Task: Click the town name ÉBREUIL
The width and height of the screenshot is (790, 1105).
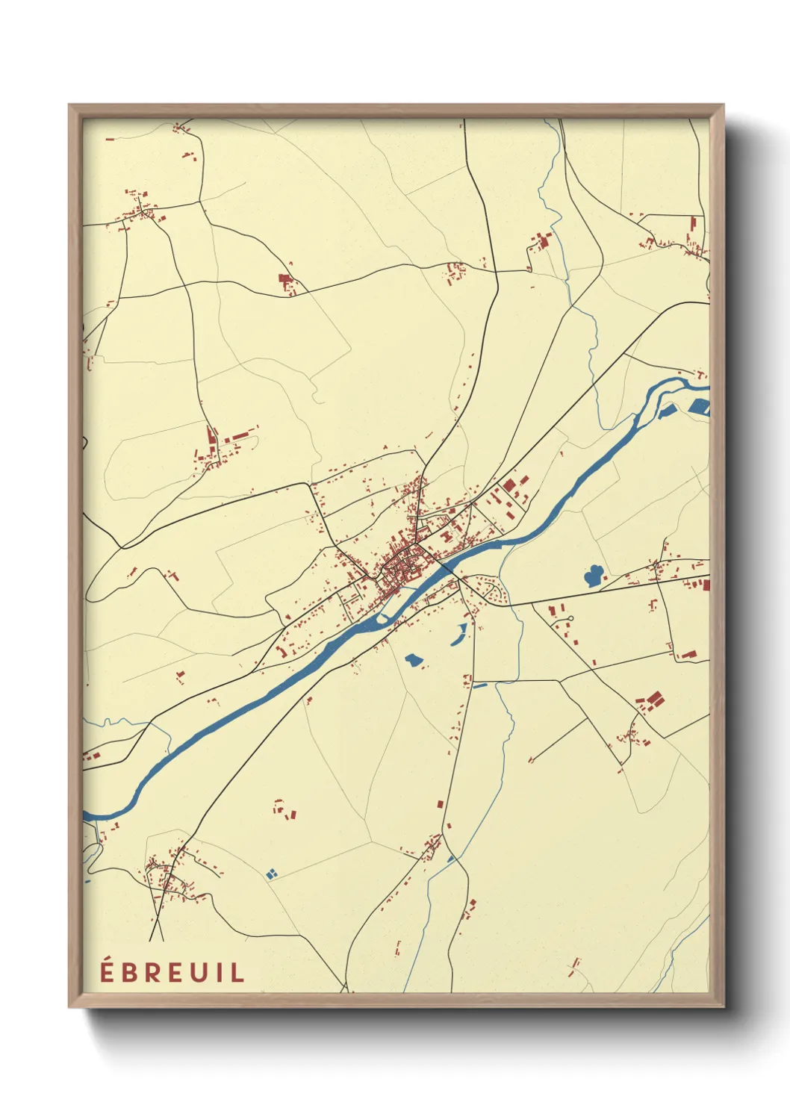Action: [172, 973]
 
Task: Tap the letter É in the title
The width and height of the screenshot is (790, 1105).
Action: [108, 972]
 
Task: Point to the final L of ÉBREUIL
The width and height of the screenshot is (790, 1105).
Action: [238, 973]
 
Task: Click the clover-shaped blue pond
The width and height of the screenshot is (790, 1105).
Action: [594, 576]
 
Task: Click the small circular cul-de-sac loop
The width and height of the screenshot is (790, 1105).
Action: [569, 617]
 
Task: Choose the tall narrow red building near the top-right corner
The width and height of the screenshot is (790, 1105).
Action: [692, 225]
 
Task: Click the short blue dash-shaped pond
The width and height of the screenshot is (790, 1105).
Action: [479, 685]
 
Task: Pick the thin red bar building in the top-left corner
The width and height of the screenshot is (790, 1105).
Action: [110, 139]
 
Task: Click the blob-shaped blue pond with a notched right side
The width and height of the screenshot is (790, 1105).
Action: [412, 660]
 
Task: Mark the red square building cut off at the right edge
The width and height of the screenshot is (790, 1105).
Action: [706, 585]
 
